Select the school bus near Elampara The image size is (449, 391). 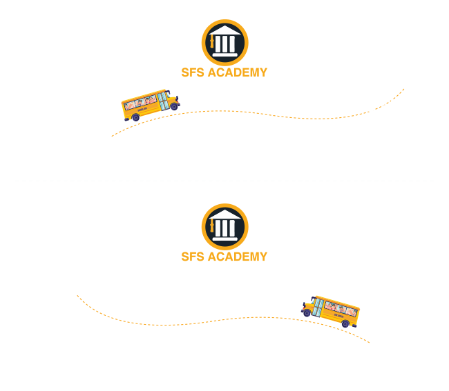point(331,312)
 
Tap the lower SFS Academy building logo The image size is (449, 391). point(224,228)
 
